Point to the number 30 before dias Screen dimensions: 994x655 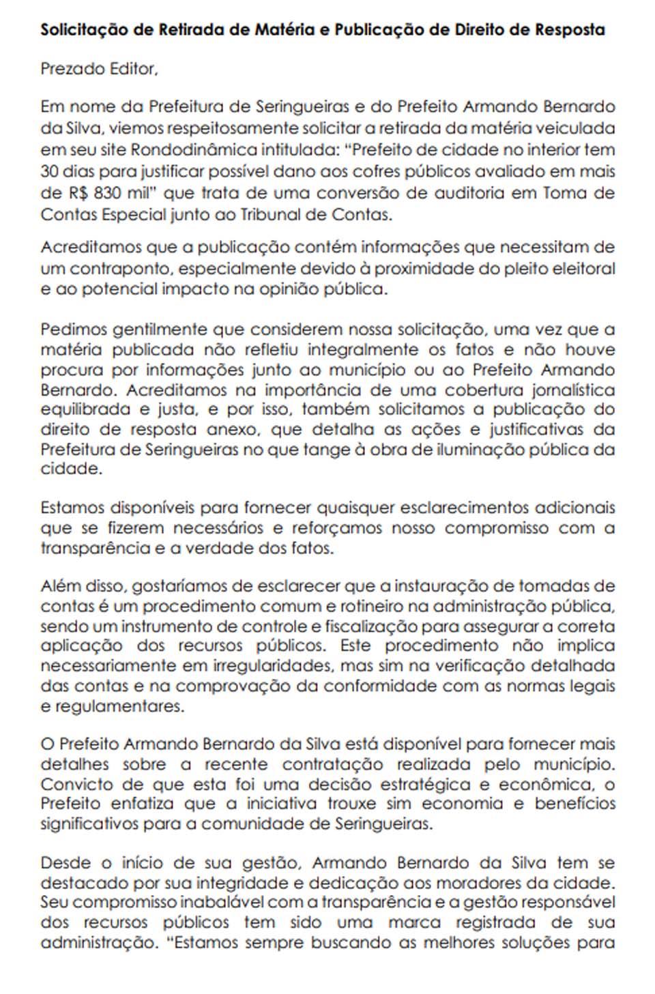[x=50, y=171]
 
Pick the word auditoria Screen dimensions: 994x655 [x=464, y=192]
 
